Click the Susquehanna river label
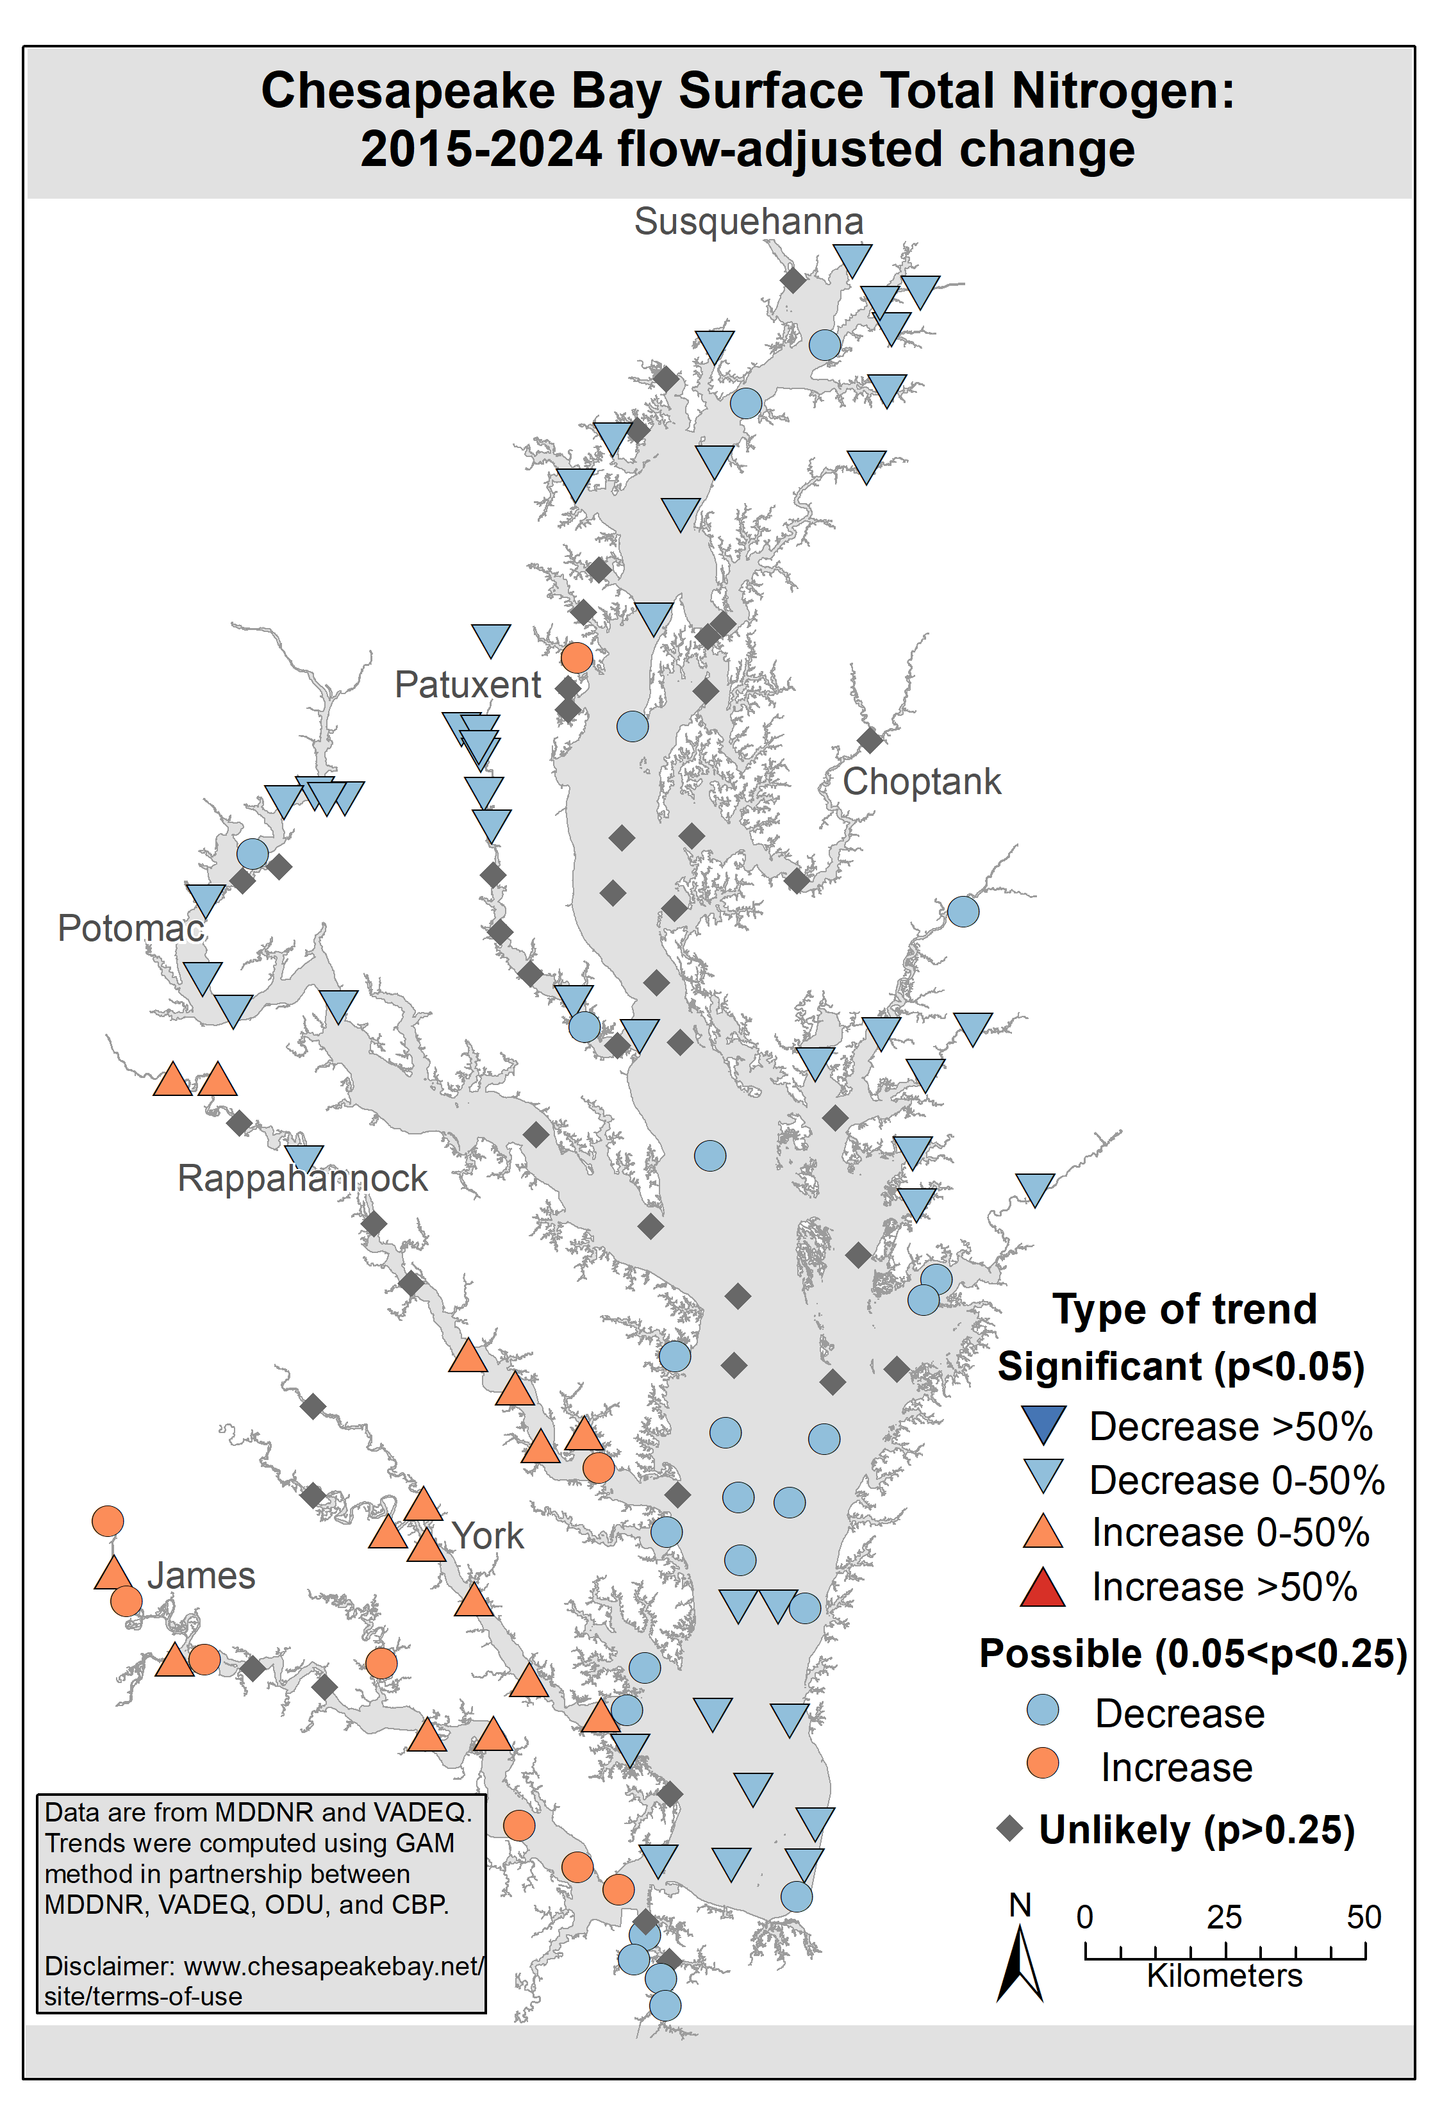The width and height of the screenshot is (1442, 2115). pos(748,221)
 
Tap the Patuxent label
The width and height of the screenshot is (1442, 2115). pos(468,684)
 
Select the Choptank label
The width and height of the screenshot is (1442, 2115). pos(921,782)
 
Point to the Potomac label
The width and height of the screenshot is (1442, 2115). pos(130,928)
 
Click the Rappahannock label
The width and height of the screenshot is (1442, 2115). pos(302,1179)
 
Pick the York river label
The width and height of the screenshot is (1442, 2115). pos(488,1536)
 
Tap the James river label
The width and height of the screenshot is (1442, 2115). pos(201,1575)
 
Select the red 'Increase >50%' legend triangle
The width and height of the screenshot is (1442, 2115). pos(1043,1589)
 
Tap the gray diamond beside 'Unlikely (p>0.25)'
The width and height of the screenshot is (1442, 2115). pos(1010,1829)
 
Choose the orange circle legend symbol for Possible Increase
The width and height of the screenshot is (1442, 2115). pos(1043,1762)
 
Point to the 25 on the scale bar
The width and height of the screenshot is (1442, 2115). pos(1225,1918)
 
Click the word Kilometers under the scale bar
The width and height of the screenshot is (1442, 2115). pos(1225,1976)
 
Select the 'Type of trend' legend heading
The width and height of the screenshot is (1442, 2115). pos(1184,1309)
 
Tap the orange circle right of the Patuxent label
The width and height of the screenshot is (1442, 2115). pos(577,657)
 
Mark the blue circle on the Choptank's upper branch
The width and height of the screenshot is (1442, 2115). pos(963,911)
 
